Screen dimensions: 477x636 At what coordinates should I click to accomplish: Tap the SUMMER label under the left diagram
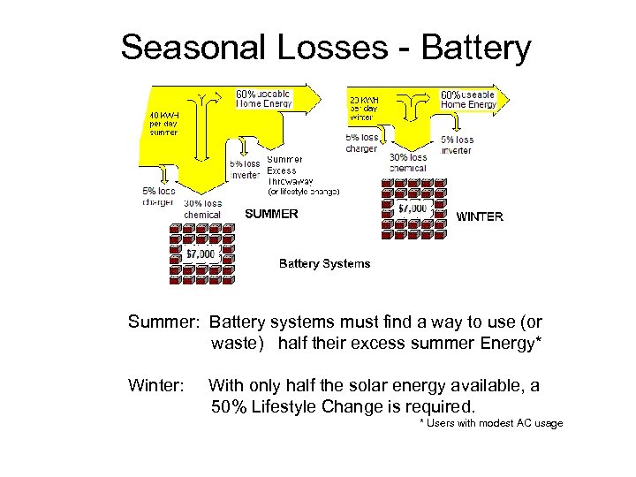point(271,214)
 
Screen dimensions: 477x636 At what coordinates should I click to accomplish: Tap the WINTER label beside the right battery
point(480,216)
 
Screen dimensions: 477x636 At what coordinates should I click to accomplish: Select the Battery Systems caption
point(324,263)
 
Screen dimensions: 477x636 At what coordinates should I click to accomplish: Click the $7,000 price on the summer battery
point(201,254)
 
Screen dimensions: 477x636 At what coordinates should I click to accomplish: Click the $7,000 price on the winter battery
point(413,208)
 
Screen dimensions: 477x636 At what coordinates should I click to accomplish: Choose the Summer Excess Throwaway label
point(284,170)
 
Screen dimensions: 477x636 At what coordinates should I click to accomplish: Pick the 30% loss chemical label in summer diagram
point(202,208)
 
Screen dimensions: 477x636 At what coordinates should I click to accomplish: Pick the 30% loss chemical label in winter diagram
point(408,163)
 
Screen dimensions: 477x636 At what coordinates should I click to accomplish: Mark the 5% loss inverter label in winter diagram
point(458,145)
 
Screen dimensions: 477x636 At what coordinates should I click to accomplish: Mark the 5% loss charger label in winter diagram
point(361,143)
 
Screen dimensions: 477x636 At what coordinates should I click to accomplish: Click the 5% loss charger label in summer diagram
point(158,195)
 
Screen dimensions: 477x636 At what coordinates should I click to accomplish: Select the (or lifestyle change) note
point(303,192)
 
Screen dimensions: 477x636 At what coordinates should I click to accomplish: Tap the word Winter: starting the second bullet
point(156,385)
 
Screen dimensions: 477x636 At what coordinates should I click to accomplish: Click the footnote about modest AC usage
point(491,424)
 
